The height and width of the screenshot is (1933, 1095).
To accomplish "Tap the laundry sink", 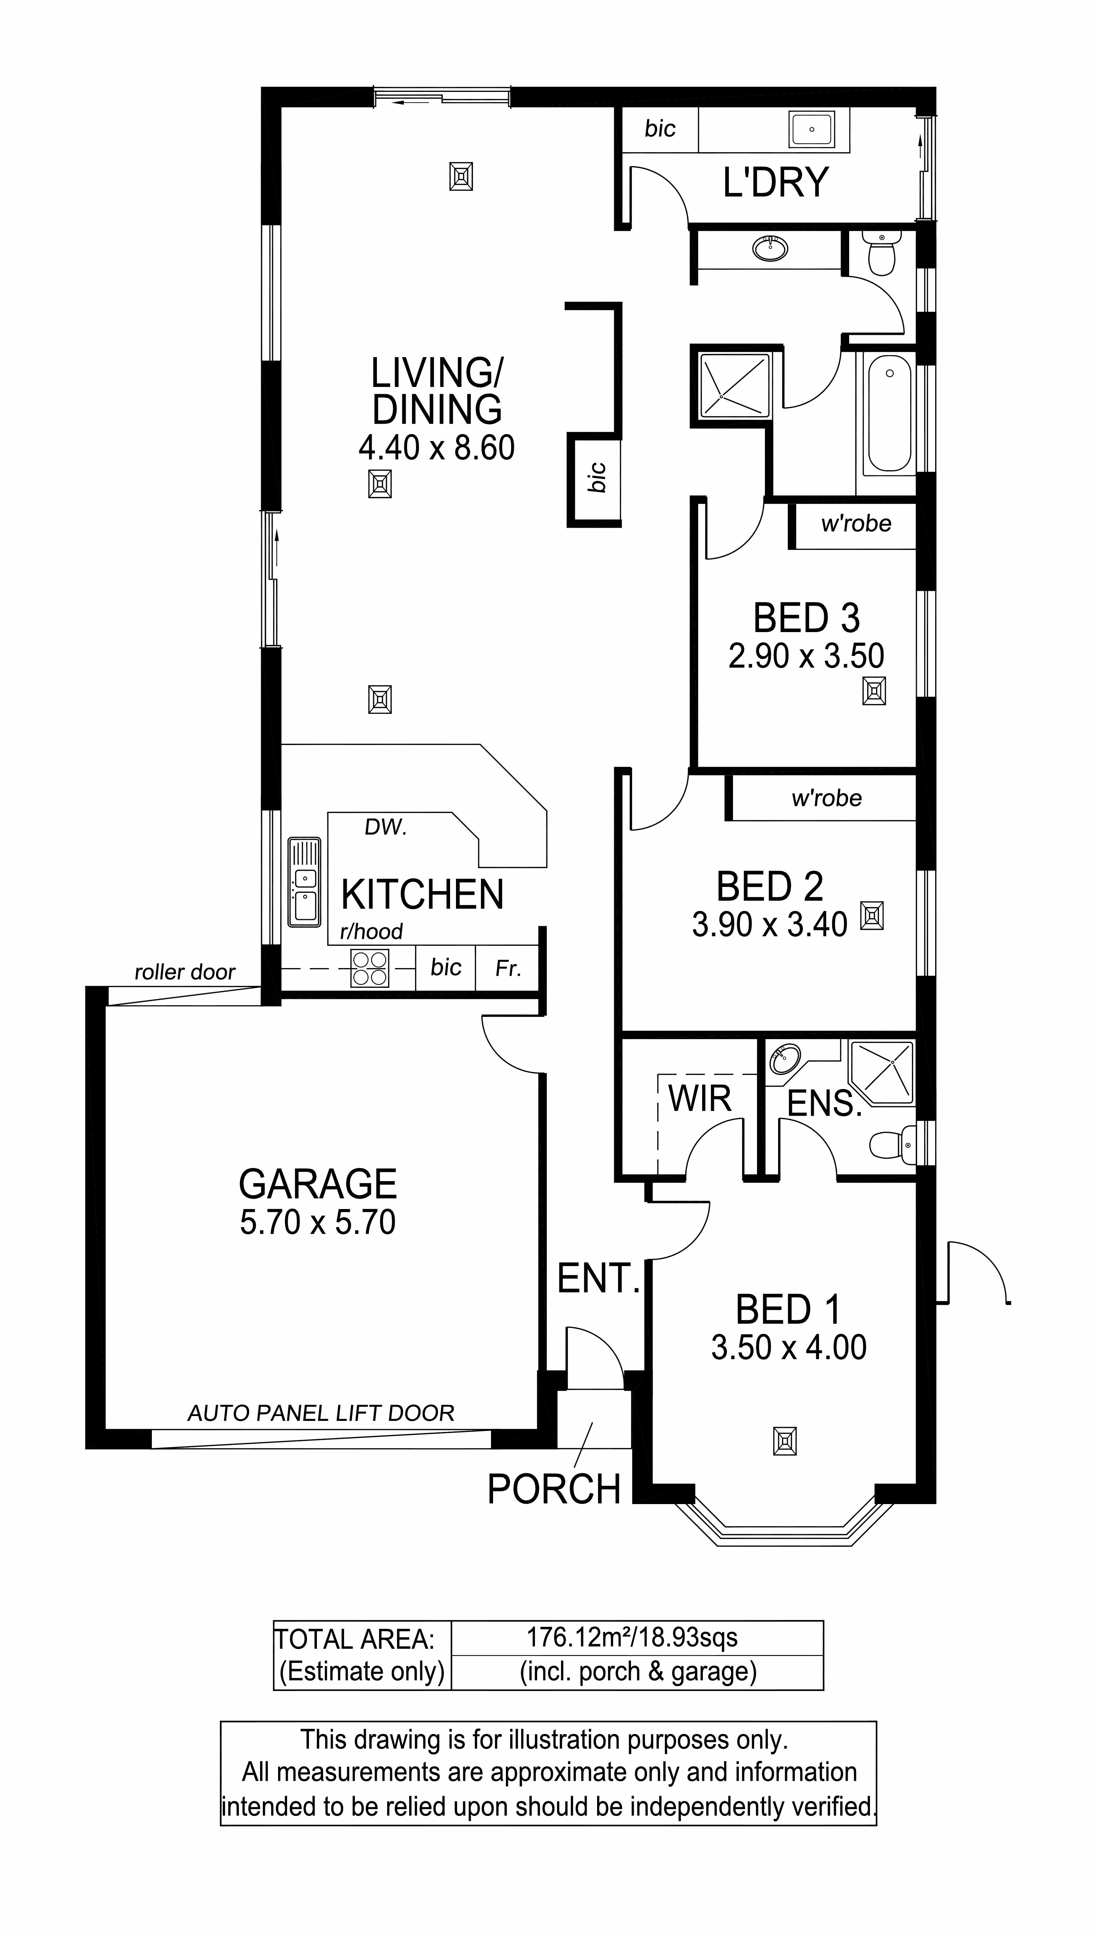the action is click(811, 129).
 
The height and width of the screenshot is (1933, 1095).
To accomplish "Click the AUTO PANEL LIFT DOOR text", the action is click(321, 1414).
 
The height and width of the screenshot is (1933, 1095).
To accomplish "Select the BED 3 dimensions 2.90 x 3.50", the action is click(806, 656).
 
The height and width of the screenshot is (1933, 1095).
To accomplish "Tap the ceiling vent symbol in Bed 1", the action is click(784, 1441).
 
